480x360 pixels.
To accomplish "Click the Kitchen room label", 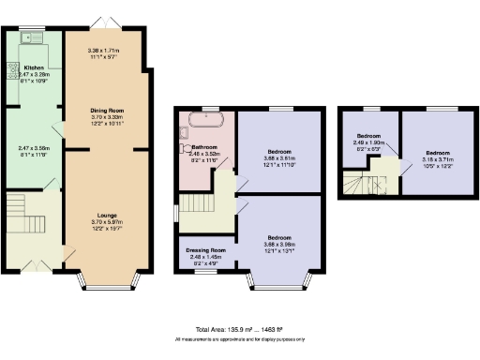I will (x=34, y=68).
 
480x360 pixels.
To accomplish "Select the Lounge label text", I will (x=104, y=215).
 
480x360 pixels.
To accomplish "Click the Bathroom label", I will (x=204, y=147).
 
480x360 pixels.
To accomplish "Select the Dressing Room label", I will (x=204, y=250).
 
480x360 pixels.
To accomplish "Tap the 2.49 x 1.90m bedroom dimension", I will (x=369, y=145).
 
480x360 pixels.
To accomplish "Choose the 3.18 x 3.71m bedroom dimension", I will (x=438, y=157).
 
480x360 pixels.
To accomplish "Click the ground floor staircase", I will (x=19, y=211).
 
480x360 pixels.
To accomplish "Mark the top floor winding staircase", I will (x=354, y=184).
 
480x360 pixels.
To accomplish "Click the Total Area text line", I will (x=240, y=331).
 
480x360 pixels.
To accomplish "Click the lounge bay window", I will (x=104, y=277).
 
